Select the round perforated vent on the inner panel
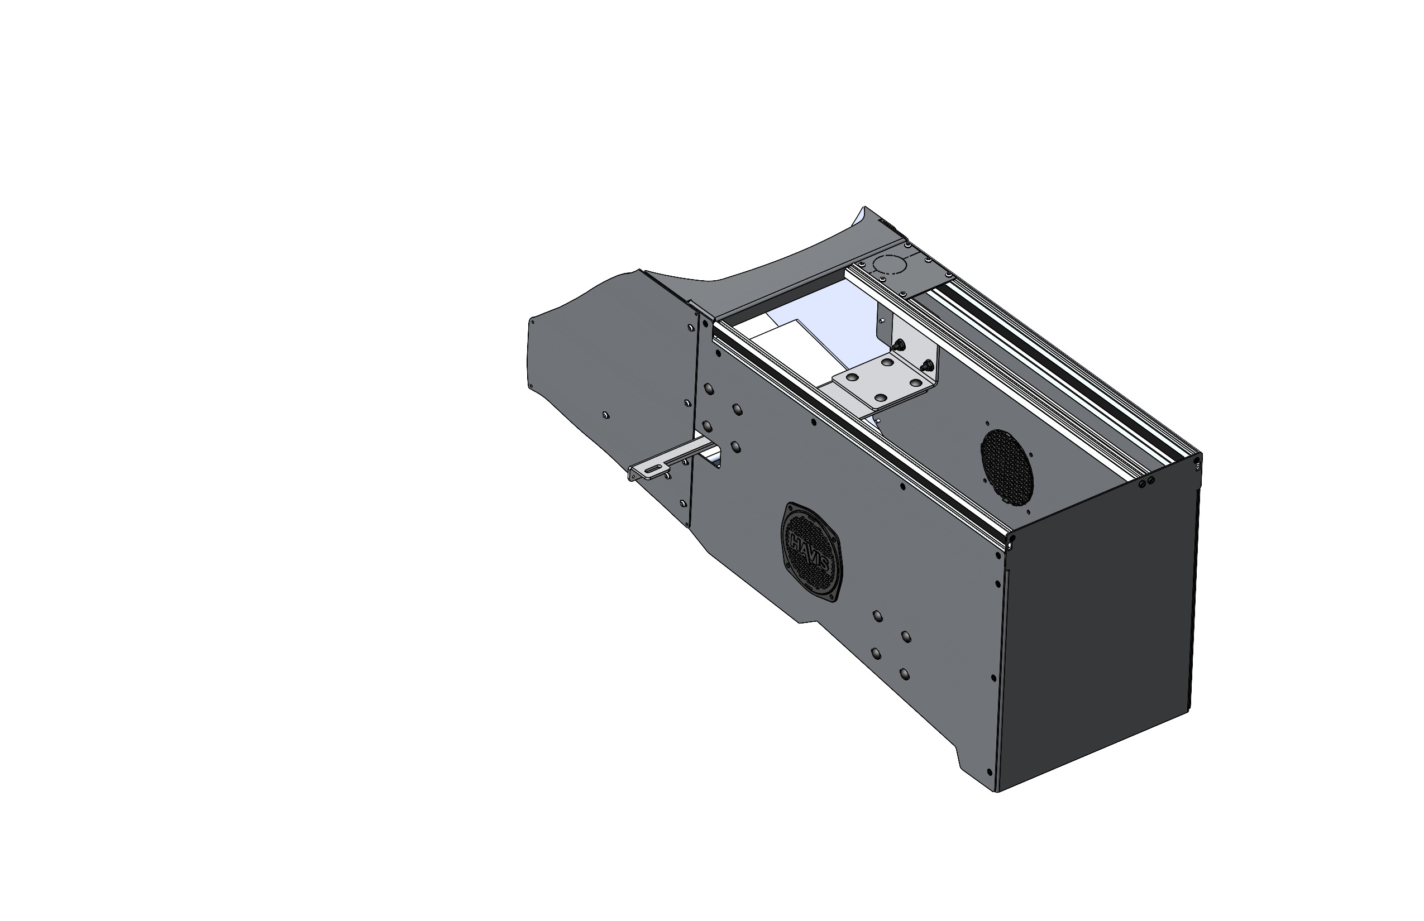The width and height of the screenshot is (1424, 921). [x=1007, y=466]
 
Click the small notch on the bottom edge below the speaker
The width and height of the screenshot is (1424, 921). [x=805, y=622]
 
